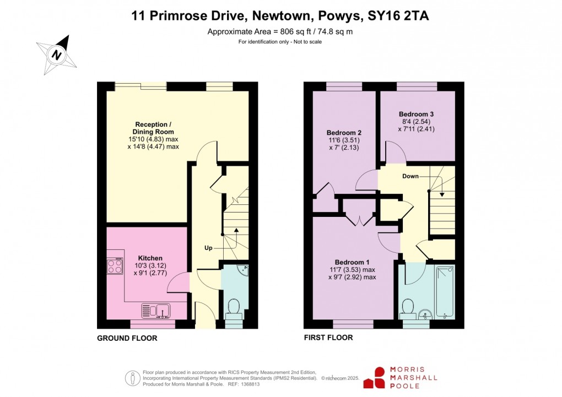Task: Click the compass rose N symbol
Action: [57, 55]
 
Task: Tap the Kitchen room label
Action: [150, 258]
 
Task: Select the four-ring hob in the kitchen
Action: [115, 267]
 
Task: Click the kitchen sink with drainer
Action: [156, 311]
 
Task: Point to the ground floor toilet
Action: [234, 309]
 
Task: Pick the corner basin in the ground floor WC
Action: [244, 268]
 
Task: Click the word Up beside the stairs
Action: [208, 248]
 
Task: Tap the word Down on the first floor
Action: [410, 176]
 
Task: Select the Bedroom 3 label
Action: [416, 114]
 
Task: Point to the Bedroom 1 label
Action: [352, 262]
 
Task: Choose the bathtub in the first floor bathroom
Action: [445, 292]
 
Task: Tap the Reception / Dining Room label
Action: [153, 128]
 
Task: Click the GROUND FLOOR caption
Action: [127, 338]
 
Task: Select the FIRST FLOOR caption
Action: [328, 338]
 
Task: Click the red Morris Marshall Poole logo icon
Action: [374, 378]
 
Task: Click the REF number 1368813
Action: [251, 384]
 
